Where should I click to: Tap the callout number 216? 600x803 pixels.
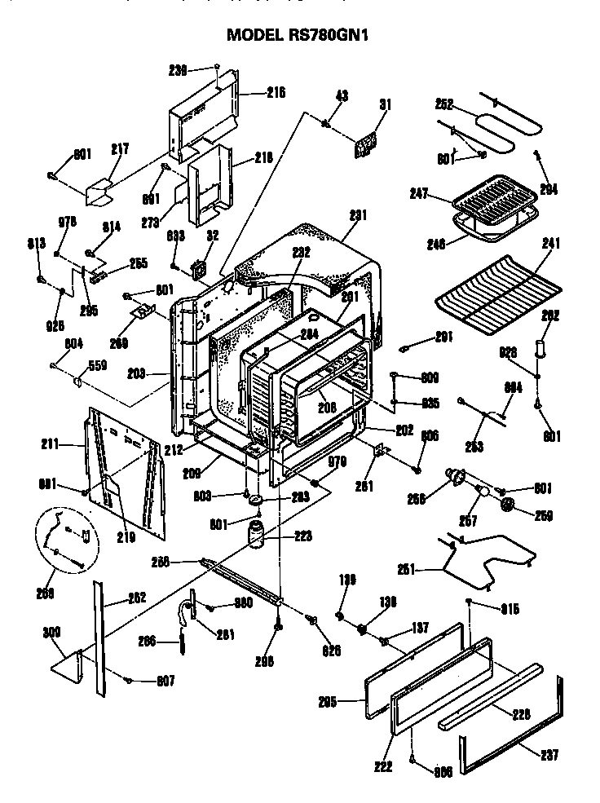[276, 93]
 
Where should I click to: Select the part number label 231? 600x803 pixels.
[358, 215]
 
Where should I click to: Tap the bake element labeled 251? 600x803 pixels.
[489, 563]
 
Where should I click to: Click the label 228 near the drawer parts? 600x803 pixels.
[521, 713]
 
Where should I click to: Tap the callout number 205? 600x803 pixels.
[328, 700]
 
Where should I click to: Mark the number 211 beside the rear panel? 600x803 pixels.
[51, 445]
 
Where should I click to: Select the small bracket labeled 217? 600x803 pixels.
[104, 192]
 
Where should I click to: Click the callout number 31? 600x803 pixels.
[386, 104]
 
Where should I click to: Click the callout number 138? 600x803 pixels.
[387, 602]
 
